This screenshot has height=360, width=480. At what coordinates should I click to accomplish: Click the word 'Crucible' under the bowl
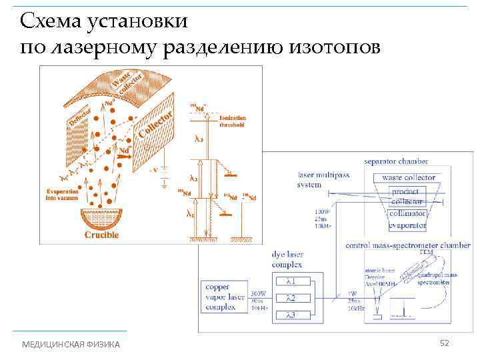pyautogui.click(x=101, y=235)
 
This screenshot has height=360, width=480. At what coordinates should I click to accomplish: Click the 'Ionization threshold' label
pyautogui.click(x=232, y=121)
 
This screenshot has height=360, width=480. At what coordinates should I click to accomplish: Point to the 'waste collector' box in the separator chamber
pyautogui.click(x=409, y=177)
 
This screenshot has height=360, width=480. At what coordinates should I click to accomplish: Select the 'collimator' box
pyautogui.click(x=408, y=213)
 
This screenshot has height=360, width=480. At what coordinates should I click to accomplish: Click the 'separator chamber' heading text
pyautogui.click(x=396, y=161)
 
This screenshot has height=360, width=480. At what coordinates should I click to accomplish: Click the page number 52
pyautogui.click(x=445, y=343)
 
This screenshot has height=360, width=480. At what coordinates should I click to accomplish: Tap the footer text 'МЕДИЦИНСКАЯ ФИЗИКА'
pyautogui.click(x=71, y=344)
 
